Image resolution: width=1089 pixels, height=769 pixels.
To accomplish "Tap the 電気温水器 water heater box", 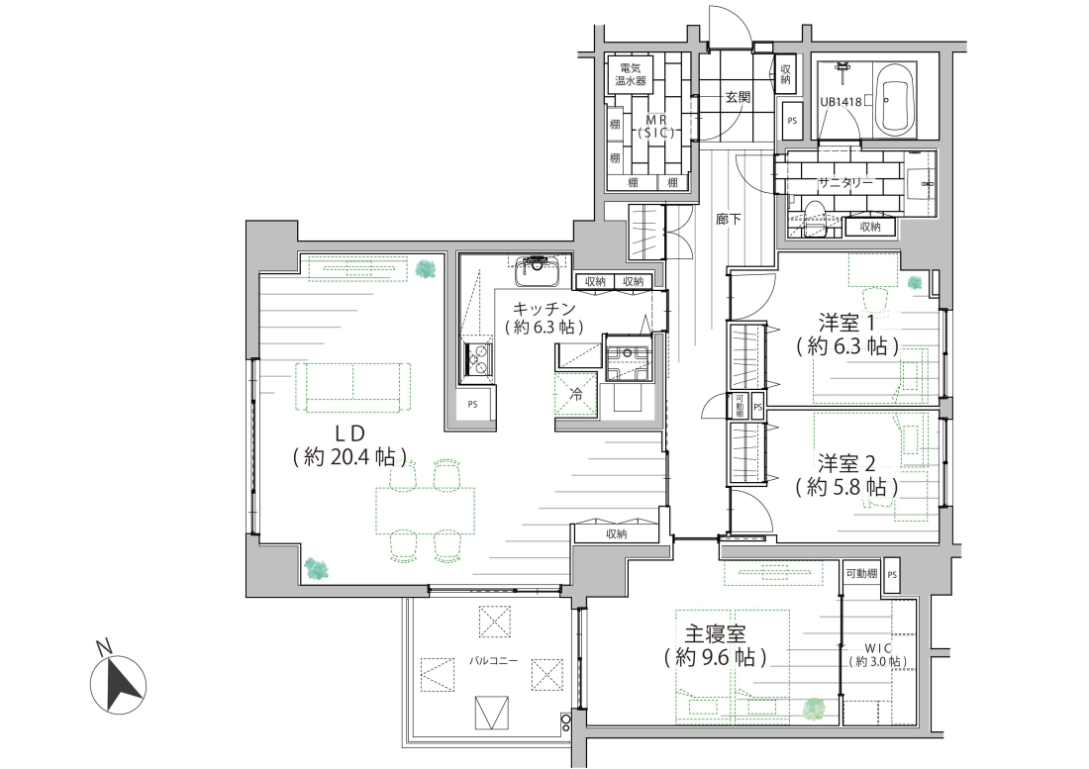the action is [x=631, y=74].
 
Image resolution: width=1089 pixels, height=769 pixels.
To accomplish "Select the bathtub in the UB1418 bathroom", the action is [x=895, y=99].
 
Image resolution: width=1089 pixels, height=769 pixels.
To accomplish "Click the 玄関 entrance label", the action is [x=738, y=97].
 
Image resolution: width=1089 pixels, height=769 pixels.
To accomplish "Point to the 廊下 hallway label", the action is [x=728, y=220].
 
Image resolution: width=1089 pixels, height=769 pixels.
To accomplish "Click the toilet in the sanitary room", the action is [x=813, y=218].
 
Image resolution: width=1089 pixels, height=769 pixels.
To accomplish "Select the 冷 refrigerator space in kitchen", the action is [x=576, y=394].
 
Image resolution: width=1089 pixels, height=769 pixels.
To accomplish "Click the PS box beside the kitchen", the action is [x=472, y=404].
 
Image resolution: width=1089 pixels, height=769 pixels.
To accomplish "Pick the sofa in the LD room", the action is [x=352, y=387].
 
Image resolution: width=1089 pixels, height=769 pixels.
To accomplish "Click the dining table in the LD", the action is [x=425, y=511].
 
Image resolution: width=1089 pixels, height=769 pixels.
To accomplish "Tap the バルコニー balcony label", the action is [x=493, y=661].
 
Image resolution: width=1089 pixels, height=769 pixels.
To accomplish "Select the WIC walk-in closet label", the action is [x=878, y=648].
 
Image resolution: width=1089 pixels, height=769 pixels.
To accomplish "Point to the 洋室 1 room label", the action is [x=846, y=323].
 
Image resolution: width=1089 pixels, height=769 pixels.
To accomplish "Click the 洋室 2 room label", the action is [x=845, y=463].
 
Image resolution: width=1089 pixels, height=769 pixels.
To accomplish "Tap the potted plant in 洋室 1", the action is [x=915, y=282].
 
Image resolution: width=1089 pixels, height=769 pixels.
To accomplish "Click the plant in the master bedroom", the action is [x=813, y=709].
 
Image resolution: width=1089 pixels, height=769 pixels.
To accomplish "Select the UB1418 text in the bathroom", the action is [x=841, y=101].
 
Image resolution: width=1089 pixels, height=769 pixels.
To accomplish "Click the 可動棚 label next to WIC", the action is [x=861, y=574].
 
